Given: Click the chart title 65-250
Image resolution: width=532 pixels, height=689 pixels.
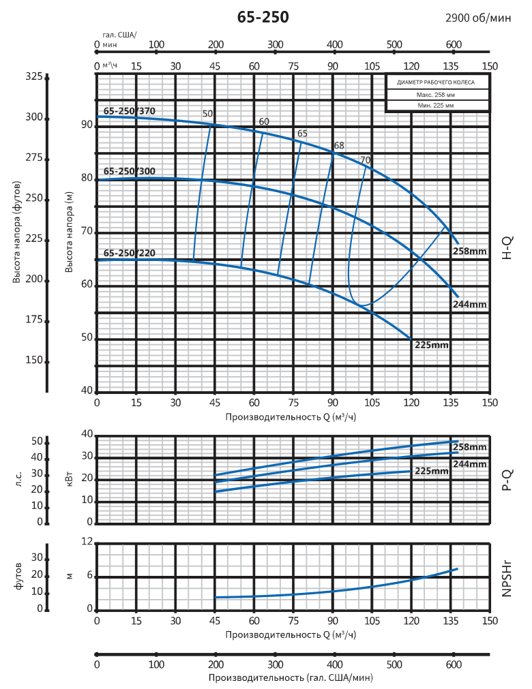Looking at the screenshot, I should tap(263, 18).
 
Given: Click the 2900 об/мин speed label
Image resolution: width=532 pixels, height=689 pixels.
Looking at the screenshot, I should tap(477, 18).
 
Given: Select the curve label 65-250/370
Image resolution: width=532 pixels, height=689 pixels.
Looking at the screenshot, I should tap(130, 110).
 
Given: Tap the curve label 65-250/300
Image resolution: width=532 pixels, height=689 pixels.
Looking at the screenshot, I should tap(130, 172).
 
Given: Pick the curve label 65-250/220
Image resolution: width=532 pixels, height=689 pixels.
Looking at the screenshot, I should tap(130, 253).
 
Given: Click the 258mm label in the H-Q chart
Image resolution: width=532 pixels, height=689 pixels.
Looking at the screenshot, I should tap(470, 251).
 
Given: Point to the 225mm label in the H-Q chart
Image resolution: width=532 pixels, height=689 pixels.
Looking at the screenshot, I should tap(432, 345).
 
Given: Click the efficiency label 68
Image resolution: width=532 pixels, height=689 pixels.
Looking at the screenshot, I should tap(339, 145).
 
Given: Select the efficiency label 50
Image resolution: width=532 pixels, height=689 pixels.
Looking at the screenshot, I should tap(207, 114).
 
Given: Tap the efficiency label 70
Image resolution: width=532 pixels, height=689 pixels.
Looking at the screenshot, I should tap(365, 160).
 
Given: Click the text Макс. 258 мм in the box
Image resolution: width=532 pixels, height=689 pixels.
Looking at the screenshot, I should tap(437, 95).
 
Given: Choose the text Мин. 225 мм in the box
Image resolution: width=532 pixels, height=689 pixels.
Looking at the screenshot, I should tap(437, 106).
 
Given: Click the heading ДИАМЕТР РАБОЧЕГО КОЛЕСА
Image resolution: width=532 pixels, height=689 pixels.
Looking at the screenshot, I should tap(437, 82).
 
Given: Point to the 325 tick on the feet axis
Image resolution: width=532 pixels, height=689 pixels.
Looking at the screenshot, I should tap(33, 76).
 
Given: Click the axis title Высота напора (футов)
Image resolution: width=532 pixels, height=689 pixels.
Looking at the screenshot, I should tap(16, 232).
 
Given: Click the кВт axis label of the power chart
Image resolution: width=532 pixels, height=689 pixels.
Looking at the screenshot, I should tap(68, 480).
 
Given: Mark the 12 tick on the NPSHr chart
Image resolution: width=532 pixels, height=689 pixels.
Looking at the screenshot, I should tap(87, 542).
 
